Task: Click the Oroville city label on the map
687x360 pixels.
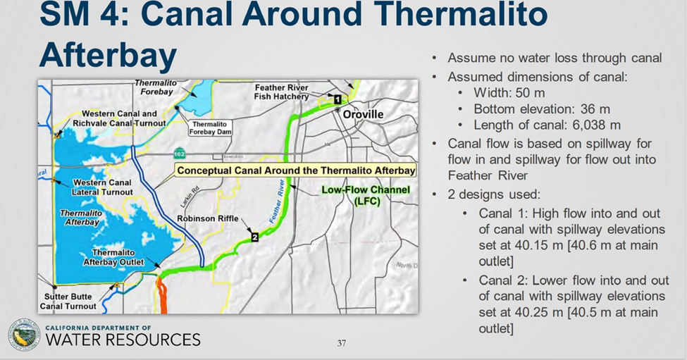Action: pos(363,114)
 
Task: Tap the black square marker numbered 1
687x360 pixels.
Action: pos(338,99)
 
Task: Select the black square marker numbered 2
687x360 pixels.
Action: pos(254,237)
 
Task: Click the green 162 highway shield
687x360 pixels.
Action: pos(179,154)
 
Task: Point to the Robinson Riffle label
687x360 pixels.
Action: pos(208,218)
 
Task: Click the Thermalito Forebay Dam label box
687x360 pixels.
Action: pos(210,128)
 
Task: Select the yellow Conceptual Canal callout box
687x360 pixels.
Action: pos(296,170)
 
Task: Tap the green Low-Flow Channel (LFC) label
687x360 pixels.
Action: pos(366,195)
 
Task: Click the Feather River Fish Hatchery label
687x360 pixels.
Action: pos(282,92)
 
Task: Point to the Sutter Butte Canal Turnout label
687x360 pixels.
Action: pos(68,302)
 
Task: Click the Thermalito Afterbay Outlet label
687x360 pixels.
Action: pos(113,258)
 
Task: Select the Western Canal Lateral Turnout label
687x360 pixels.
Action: pos(102,187)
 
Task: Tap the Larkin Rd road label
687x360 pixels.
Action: pos(190,197)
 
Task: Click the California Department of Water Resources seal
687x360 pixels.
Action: pos(24,335)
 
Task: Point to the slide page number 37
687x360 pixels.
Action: pos(342,343)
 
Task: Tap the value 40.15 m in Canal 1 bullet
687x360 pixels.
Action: pos(539,245)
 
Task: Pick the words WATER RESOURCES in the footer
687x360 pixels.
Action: pos(123,340)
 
